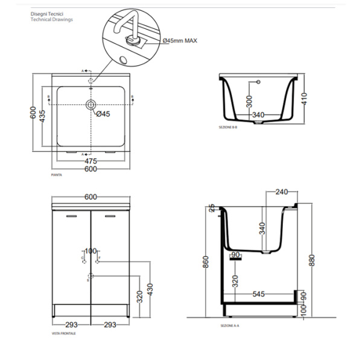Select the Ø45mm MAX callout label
click(x=180, y=40)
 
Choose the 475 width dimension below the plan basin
click(x=91, y=160)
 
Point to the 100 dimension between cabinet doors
click(x=91, y=251)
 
